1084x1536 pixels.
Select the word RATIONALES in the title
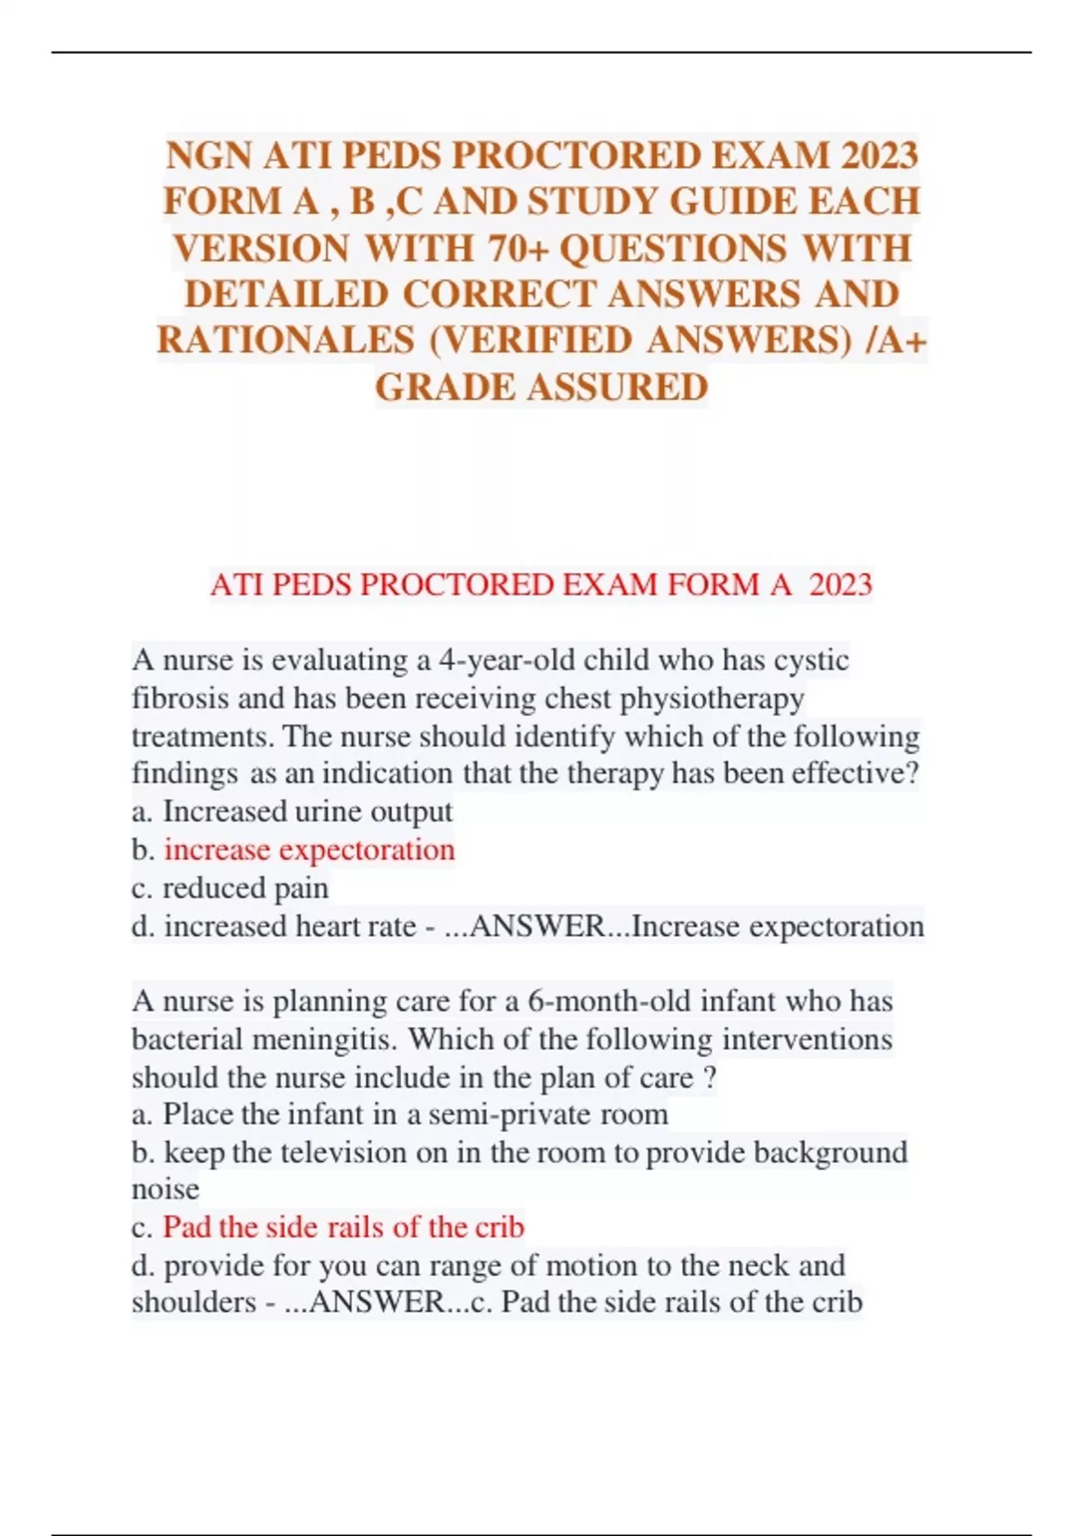pos(285,341)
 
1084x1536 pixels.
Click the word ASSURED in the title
pos(618,388)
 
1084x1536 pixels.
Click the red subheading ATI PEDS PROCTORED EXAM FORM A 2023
pos(541,585)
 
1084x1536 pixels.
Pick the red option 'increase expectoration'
pos(309,850)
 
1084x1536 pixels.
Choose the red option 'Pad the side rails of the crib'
pos(343,1227)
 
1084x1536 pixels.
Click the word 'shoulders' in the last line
pos(194,1302)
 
